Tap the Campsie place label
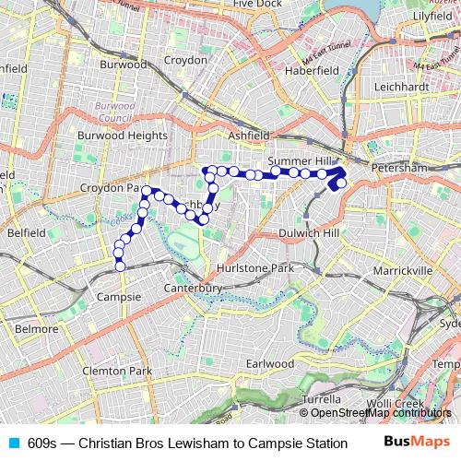[x=119, y=298]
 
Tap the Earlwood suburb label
[x=269, y=364]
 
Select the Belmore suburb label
[x=37, y=328]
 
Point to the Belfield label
[x=25, y=233]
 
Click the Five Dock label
[x=256, y=5]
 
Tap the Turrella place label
[x=322, y=399]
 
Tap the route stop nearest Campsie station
[x=119, y=266]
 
